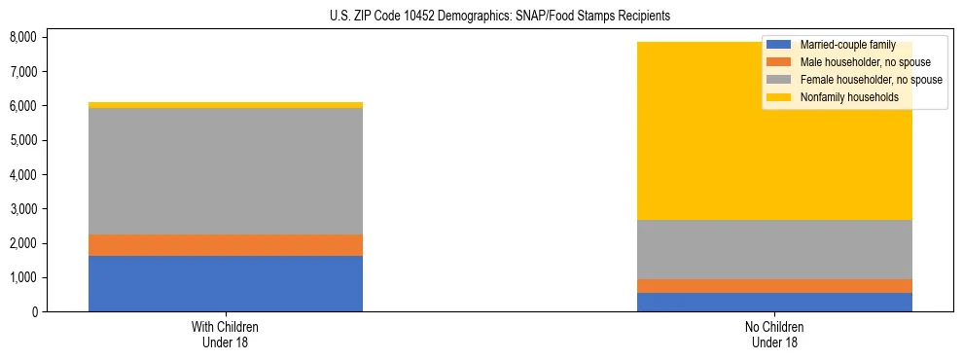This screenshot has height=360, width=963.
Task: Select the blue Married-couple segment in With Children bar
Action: [x=226, y=283]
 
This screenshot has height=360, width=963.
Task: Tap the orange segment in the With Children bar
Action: [x=226, y=245]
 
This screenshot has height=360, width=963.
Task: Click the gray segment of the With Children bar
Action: [x=226, y=171]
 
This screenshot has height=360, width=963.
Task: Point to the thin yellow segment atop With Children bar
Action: [x=226, y=105]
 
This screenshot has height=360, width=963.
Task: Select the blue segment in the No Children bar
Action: [x=775, y=302]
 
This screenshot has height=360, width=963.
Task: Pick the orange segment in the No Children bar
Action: [x=775, y=286]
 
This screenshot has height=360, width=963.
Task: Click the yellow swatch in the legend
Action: [x=780, y=97]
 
